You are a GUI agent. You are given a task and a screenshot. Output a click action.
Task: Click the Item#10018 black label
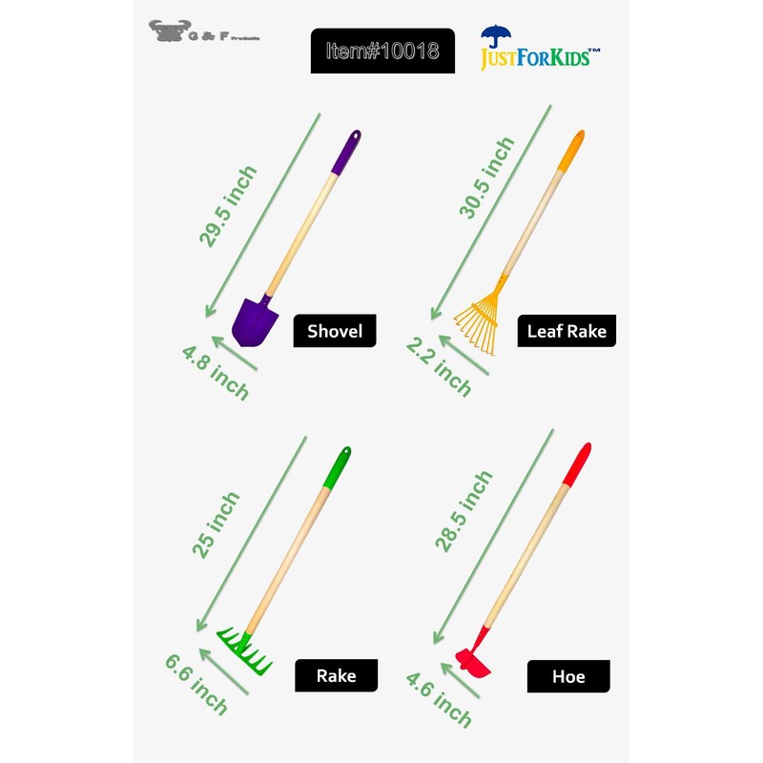click(382, 51)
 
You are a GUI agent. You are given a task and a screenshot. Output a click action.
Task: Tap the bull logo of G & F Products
click(167, 31)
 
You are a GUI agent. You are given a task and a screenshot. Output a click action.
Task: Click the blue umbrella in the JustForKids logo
click(495, 37)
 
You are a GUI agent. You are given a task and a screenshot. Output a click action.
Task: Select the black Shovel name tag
click(334, 331)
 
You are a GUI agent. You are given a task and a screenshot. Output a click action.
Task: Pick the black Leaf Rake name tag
click(567, 331)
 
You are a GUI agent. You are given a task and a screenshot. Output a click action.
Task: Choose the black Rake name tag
click(337, 675)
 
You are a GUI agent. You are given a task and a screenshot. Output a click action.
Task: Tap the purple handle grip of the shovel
click(347, 153)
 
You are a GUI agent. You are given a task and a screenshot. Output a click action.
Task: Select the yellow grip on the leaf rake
click(571, 150)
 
